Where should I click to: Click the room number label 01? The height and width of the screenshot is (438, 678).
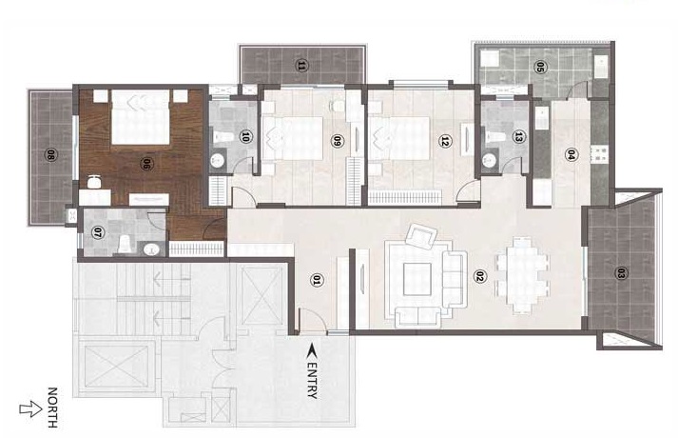pyautogui.click(x=316, y=281)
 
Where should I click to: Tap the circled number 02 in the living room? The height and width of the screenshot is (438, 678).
pyautogui.click(x=478, y=276)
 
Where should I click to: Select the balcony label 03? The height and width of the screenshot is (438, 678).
pyautogui.click(x=621, y=273)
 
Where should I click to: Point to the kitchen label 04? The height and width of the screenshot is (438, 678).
pyautogui.click(x=571, y=154)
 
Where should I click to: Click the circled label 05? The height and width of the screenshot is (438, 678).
pyautogui.click(x=539, y=67)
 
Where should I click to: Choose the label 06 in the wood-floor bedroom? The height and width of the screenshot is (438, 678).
pyautogui.click(x=146, y=164)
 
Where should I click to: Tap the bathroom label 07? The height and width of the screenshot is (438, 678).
pyautogui.click(x=97, y=233)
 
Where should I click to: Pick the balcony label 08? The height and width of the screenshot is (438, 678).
pyautogui.click(x=50, y=155)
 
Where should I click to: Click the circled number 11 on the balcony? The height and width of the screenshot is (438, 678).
pyautogui.click(x=301, y=66)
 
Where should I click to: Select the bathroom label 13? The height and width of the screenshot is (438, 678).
pyautogui.click(x=518, y=137)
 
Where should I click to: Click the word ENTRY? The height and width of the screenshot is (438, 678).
pyautogui.click(x=313, y=380)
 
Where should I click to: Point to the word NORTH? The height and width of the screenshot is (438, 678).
pyautogui.click(x=52, y=408)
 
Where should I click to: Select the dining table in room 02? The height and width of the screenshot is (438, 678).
pyautogui.click(x=522, y=275)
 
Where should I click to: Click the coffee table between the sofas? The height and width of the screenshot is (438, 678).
pyautogui.click(x=417, y=279)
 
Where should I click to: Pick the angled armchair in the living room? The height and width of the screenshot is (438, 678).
pyautogui.click(x=421, y=236)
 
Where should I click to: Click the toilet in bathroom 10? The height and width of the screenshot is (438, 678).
pyautogui.click(x=223, y=138)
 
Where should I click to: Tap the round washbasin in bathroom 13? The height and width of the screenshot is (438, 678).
pyautogui.click(x=490, y=160)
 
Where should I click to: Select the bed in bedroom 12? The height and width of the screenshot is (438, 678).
pyautogui.click(x=399, y=138)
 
